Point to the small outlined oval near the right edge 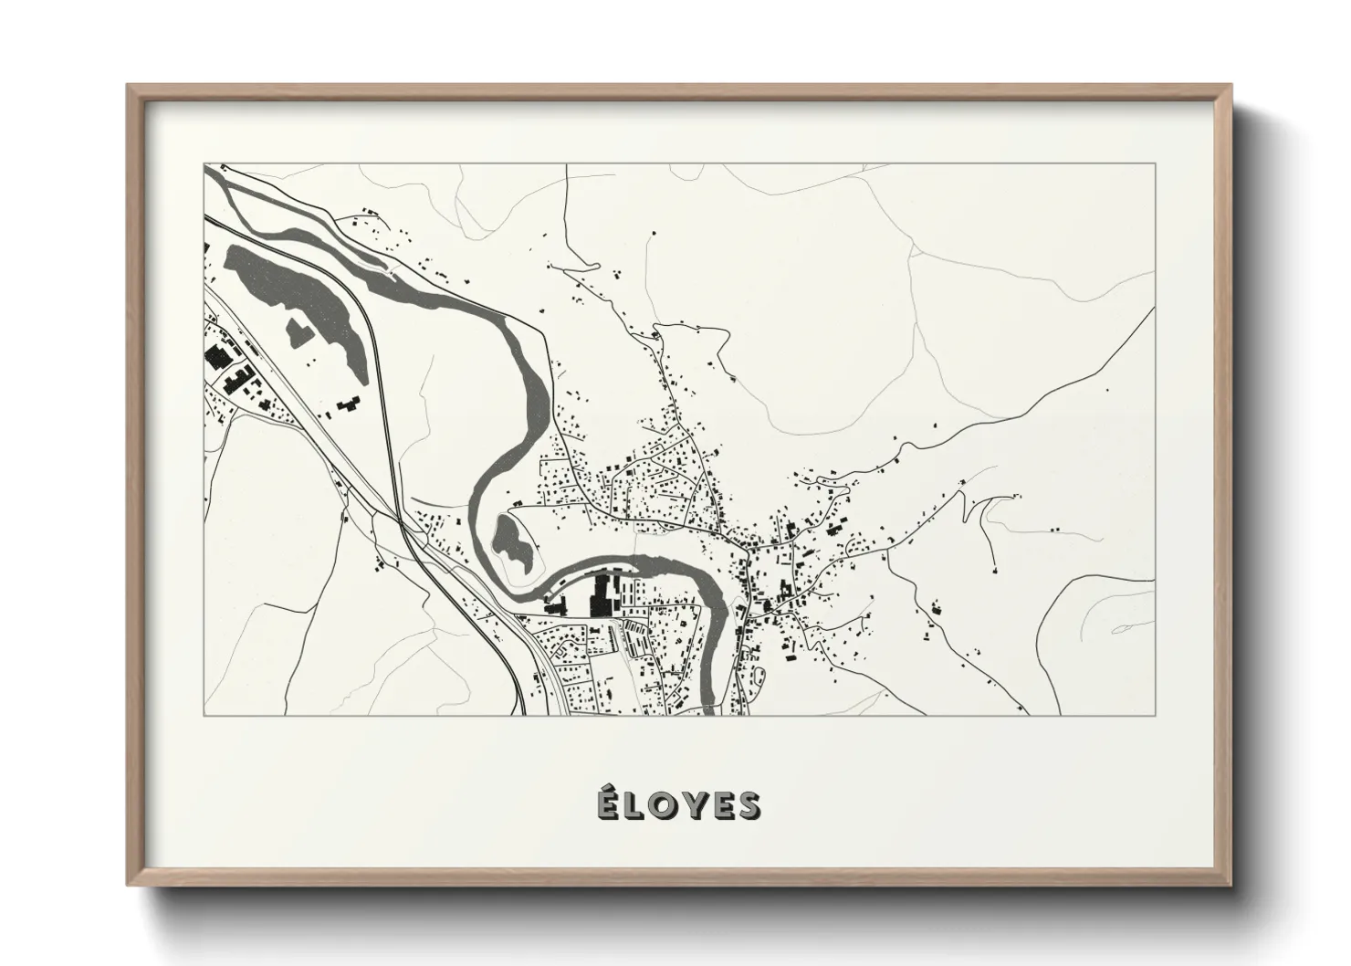click(1121, 629)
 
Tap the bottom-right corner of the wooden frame click(1229, 885)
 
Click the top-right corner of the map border click(1156, 164)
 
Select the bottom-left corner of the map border click(204, 715)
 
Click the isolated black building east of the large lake click(346, 406)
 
